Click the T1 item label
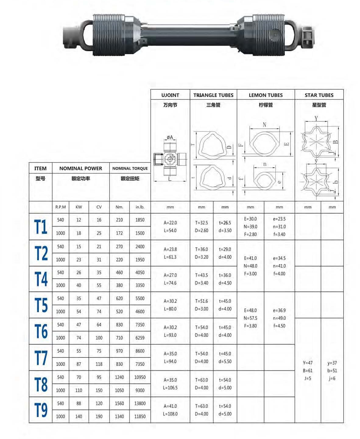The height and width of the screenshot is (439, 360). click(41, 227)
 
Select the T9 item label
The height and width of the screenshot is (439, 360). click(41, 410)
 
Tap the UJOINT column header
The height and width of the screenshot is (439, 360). click(170, 95)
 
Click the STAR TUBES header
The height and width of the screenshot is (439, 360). click(319, 95)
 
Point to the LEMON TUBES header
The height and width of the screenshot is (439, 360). click(266, 95)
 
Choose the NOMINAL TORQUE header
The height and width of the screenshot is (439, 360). click(130, 168)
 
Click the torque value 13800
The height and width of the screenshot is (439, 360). click(140, 403)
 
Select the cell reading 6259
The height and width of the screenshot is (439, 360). click(140, 338)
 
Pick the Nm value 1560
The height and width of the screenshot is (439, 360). click(119, 403)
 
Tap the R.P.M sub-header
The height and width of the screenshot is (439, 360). click(61, 207)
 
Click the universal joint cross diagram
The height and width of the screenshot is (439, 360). click(170, 159)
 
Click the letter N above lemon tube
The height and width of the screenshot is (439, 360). click(264, 125)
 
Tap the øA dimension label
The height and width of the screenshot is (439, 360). click(170, 137)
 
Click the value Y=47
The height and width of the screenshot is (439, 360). click(308, 363)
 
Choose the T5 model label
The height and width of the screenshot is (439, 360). click(41, 305)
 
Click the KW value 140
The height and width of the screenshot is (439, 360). click(79, 416)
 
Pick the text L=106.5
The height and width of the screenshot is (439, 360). click(170, 388)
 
